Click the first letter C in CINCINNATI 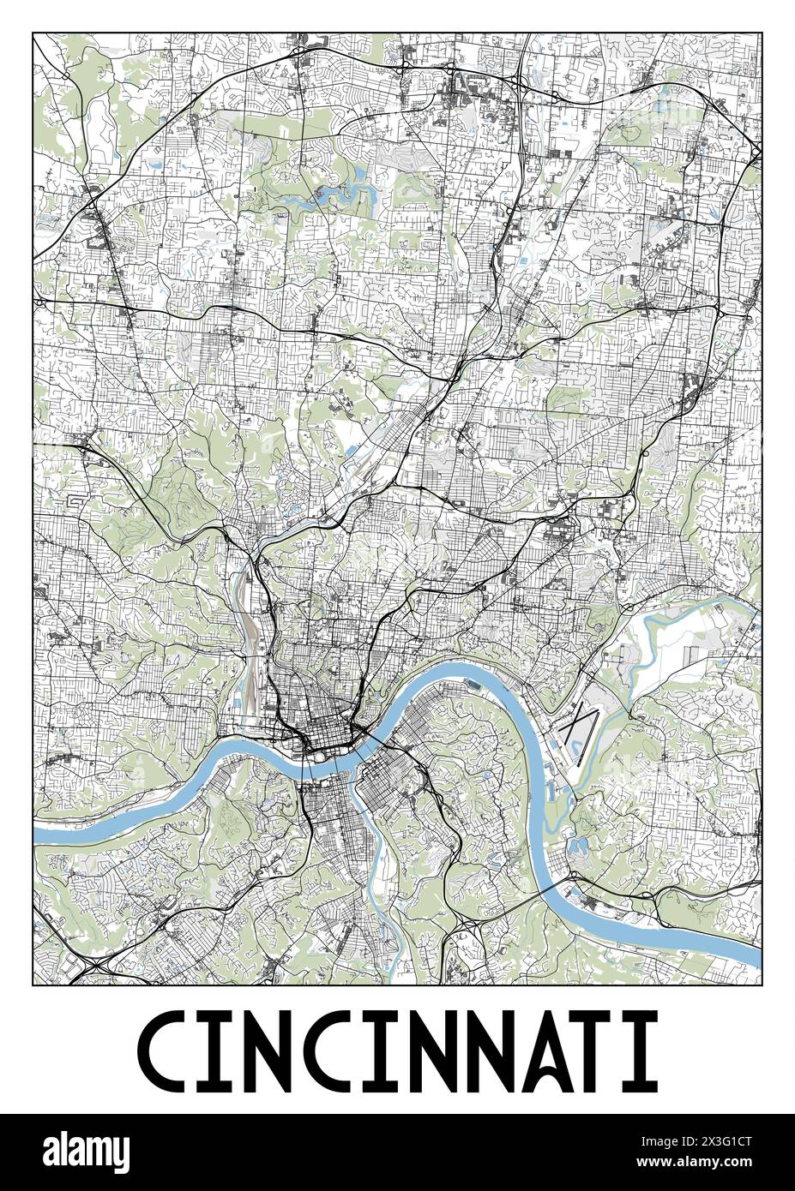click(165, 1048)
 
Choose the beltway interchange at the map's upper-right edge click(755, 150)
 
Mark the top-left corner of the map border click(33, 33)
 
